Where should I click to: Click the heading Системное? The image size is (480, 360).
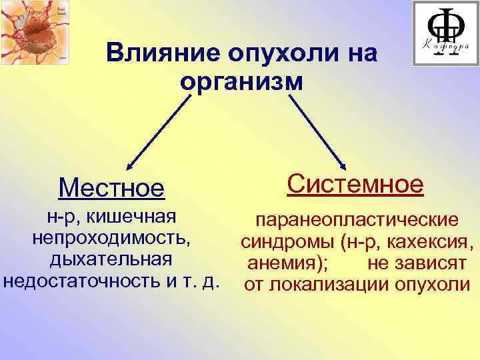click(x=355, y=183)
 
